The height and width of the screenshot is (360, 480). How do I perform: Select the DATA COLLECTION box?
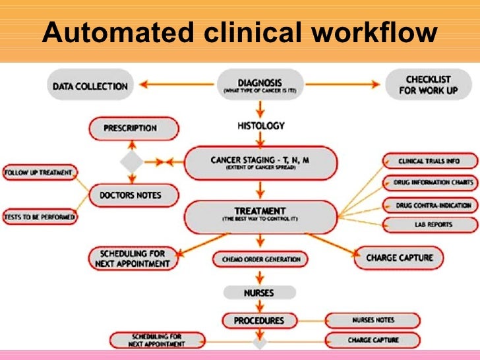[x=90, y=85]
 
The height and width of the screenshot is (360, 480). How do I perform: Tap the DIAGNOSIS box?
[x=260, y=86]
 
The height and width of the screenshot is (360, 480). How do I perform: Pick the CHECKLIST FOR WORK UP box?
[x=428, y=85]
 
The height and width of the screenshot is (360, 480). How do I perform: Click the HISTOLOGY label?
[x=261, y=125]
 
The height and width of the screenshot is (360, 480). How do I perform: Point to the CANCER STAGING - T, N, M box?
[x=260, y=162]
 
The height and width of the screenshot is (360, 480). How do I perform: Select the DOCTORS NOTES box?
[x=129, y=195]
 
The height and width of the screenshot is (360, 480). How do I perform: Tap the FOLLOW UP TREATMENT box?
[x=39, y=173]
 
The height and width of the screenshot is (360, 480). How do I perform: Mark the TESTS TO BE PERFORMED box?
[x=39, y=216]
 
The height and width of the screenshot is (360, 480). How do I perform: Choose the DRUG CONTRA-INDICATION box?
[x=433, y=205]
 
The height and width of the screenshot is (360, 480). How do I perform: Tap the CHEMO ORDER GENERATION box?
[x=260, y=259]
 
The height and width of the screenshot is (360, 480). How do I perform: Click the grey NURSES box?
[x=258, y=292]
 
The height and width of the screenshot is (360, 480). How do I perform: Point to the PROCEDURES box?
[x=259, y=320]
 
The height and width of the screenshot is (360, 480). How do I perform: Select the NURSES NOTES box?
[x=373, y=320]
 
